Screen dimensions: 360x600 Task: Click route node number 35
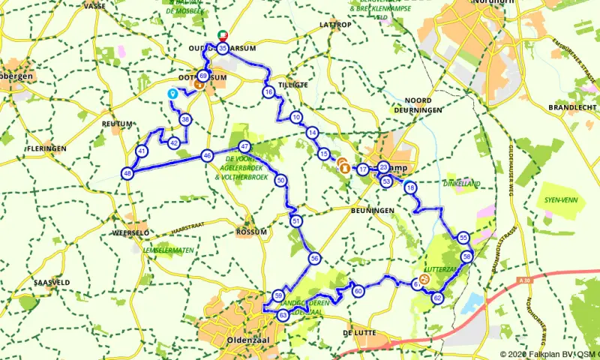pyautogui.click(x=223, y=49)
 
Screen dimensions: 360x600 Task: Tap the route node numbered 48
pyautogui.click(x=127, y=173)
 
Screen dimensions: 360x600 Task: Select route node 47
pyautogui.click(x=244, y=146)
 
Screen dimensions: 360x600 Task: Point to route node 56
pyautogui.click(x=315, y=258)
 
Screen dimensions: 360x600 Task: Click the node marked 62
pyautogui.click(x=437, y=298)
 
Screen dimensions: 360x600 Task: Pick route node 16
pyautogui.click(x=268, y=92)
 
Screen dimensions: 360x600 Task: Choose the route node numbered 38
pyautogui.click(x=184, y=119)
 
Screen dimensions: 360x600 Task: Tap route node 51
pyautogui.click(x=296, y=221)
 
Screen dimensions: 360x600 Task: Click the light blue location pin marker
pyautogui.click(x=172, y=94)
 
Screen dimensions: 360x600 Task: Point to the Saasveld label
pyautogui.click(x=52, y=282)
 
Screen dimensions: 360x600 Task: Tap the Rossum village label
pyautogui.click(x=251, y=232)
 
